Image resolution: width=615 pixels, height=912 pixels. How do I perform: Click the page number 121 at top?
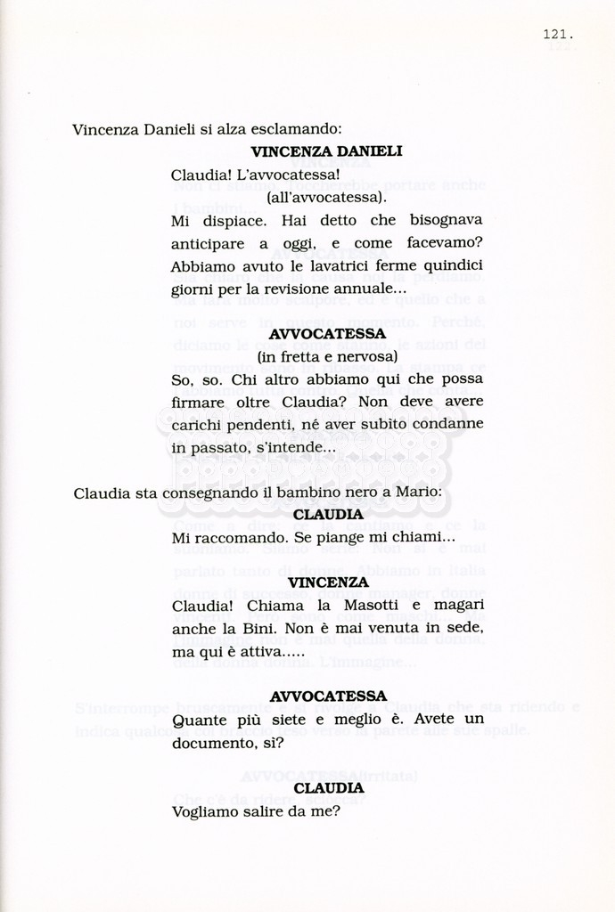(556, 35)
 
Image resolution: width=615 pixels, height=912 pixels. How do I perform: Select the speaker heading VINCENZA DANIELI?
(326, 151)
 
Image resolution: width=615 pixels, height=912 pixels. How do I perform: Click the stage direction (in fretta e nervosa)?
(326, 356)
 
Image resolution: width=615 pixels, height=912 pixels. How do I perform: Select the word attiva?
(271, 652)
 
